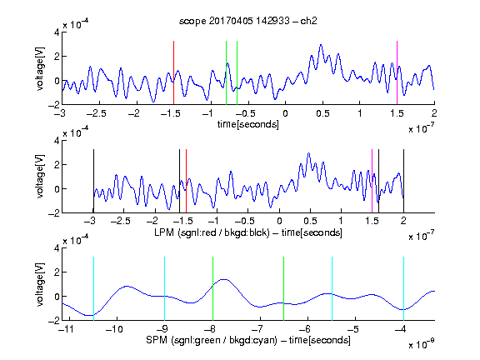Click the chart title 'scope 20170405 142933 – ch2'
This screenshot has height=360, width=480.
coord(248,21)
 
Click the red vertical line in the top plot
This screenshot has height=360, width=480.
coord(173,72)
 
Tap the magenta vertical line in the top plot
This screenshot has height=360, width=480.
coord(397,72)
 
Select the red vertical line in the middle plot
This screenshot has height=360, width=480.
coord(186,181)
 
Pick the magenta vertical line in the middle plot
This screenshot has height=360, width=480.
coord(372,181)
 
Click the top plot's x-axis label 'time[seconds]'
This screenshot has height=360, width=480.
coord(248,124)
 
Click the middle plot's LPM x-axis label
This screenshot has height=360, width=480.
coord(248,232)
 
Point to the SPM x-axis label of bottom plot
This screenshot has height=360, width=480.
coord(248,340)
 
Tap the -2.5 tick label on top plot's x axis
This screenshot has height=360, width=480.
coord(96,113)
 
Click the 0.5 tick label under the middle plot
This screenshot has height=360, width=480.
coord(310,221)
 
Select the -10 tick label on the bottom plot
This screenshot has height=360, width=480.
coord(114,329)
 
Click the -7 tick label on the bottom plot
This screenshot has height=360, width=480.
coord(257,329)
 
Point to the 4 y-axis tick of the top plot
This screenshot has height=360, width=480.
coord(57,32)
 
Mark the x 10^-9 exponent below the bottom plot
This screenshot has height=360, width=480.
coord(422,344)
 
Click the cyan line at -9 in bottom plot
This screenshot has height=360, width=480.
coord(165,288)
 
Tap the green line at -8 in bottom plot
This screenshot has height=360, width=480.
coord(212,288)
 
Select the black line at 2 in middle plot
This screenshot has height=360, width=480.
coord(403,181)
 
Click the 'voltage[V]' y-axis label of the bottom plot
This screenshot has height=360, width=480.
coord(40,284)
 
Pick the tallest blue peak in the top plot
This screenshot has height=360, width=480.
coord(321,45)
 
